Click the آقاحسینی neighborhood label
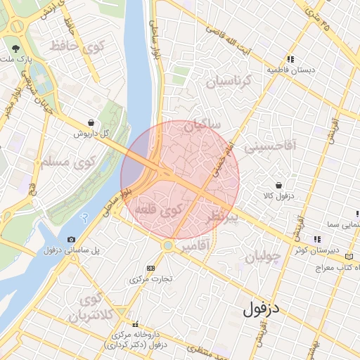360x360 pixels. point(271,148)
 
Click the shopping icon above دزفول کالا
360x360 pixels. point(280,184)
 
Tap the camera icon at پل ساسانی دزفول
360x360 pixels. point(71,240)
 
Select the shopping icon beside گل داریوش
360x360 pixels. point(91,122)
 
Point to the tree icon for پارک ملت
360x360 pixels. point(16,49)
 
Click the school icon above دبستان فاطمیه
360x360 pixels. point(289,59)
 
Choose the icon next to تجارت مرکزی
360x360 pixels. point(150,268)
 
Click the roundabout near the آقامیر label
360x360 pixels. point(167,245)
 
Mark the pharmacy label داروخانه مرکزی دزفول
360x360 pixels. point(136,340)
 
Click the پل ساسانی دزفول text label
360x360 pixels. point(71,250)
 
